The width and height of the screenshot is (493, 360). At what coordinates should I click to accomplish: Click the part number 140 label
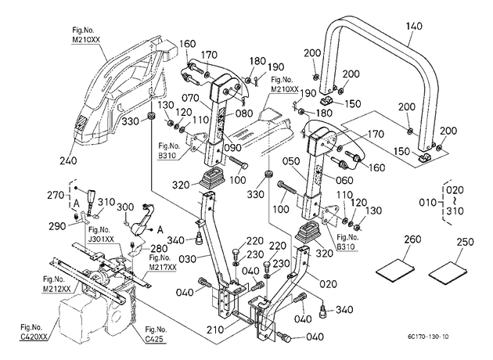click(x=414, y=27)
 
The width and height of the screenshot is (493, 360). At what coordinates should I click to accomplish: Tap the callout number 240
click(x=68, y=160)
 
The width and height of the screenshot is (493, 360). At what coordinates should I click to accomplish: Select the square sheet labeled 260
click(x=395, y=268)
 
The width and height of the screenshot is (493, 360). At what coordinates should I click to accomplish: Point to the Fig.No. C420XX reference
click(x=34, y=332)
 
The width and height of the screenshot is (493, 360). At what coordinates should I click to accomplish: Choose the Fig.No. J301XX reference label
click(x=100, y=234)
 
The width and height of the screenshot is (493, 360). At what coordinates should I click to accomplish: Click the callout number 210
click(x=215, y=329)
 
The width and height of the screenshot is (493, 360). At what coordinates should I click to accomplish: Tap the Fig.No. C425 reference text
click(x=156, y=334)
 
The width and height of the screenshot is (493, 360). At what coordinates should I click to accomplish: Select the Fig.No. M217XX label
click(x=163, y=262)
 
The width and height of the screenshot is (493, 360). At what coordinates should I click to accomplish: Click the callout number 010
click(x=427, y=202)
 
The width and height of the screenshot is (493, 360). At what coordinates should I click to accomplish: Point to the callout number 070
click(x=191, y=99)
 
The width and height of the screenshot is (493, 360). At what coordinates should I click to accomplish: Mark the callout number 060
click(x=344, y=180)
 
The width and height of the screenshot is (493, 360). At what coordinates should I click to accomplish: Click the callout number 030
click(x=187, y=259)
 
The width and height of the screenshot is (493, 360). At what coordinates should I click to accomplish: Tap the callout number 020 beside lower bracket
click(x=328, y=284)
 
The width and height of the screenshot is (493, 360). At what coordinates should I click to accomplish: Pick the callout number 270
click(x=56, y=195)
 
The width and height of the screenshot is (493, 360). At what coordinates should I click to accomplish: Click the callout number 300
click(x=125, y=207)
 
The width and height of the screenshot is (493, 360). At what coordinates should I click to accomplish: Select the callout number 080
click(x=244, y=113)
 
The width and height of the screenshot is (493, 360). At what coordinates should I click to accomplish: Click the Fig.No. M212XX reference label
click(x=56, y=284)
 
